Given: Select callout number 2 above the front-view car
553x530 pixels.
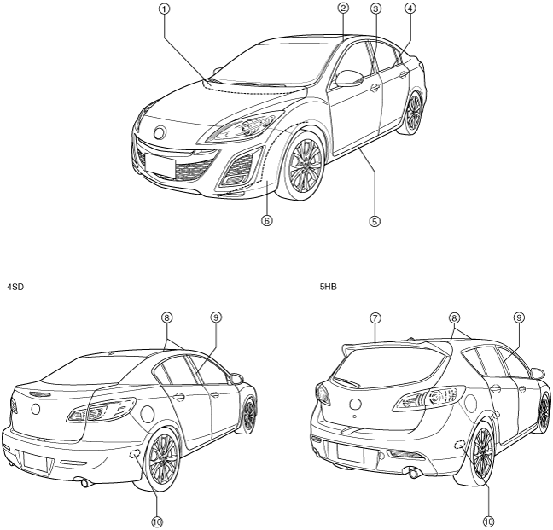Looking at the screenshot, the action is tap(342, 9).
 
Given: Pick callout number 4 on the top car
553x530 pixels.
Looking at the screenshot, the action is tap(410, 9).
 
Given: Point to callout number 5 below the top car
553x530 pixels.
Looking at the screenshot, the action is tap(374, 220).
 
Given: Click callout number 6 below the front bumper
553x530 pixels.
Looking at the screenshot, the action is tap(266, 220).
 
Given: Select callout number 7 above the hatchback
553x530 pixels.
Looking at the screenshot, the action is tap(375, 317).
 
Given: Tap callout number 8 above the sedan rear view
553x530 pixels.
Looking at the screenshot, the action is tap(168, 317).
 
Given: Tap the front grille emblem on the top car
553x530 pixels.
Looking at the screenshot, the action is tap(159, 132).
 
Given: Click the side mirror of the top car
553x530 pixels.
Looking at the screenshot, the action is tap(350, 79).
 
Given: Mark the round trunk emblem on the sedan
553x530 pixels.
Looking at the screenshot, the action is tap(35, 410).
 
